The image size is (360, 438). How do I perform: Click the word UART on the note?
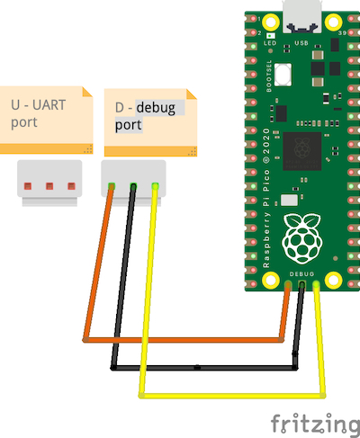[x=49, y=105]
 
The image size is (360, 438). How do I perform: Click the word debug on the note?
[x=156, y=108]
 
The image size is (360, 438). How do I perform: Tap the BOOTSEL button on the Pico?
[x=283, y=75]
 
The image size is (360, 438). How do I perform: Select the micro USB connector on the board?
[x=302, y=16]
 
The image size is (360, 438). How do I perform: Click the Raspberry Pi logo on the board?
[x=301, y=239]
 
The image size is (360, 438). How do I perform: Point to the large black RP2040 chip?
[x=302, y=151]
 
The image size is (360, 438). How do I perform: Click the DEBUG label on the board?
[x=301, y=274]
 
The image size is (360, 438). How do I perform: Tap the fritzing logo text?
[x=315, y=424]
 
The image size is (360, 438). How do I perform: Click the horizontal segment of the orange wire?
[x=184, y=340]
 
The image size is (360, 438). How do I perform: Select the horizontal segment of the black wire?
[x=204, y=367]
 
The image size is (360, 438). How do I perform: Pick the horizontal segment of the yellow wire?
[x=232, y=396]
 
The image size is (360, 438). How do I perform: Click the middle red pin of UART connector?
[x=49, y=186]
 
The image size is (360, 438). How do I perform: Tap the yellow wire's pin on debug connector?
[x=155, y=186]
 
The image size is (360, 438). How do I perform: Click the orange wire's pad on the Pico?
[x=288, y=284]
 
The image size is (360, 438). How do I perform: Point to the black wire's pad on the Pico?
[x=302, y=284]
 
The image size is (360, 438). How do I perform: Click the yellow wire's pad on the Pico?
[x=316, y=284]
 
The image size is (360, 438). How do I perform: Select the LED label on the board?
[x=270, y=43]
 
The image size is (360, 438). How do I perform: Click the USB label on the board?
[x=301, y=43]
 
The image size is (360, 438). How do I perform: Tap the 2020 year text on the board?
[x=266, y=141]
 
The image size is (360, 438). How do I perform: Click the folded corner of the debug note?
[x=191, y=94]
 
